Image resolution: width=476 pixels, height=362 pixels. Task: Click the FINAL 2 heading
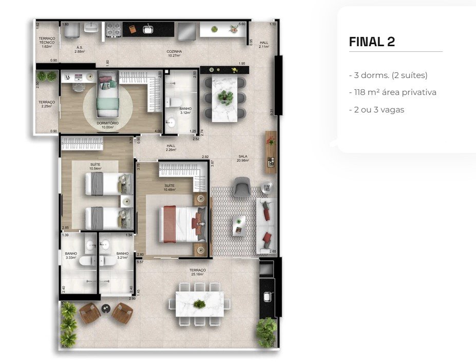coord(372,42)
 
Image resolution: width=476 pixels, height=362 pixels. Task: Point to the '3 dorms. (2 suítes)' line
coord(388,75)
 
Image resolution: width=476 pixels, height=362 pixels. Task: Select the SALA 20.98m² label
coord(243,158)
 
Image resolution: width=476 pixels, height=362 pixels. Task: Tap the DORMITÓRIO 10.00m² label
coord(108,125)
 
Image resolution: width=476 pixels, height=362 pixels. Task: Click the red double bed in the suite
coord(177,224)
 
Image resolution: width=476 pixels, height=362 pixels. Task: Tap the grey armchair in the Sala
coord(241,187)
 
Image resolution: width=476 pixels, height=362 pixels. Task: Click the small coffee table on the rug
coord(239,225)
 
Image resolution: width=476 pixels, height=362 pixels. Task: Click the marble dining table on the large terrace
coord(200,304)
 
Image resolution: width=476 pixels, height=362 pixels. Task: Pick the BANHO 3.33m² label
coord(71,255)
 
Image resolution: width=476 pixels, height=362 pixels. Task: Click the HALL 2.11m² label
coord(264,45)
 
